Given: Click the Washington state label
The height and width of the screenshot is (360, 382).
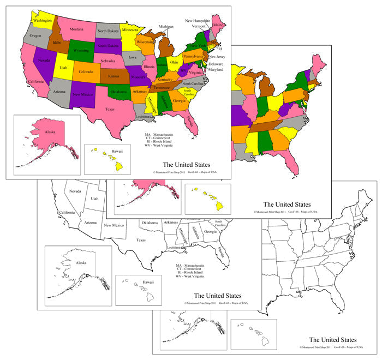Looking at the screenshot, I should (43, 21).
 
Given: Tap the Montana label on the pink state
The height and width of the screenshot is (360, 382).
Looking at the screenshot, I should (76, 29).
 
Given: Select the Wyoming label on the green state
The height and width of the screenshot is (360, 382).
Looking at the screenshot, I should (81, 50).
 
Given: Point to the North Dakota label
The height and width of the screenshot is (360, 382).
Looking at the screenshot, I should (109, 31).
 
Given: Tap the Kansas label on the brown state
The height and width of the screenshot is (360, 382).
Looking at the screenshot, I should (114, 77).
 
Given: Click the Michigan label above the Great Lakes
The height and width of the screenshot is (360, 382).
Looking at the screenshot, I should (166, 26).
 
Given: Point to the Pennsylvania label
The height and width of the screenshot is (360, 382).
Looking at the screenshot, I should (192, 56).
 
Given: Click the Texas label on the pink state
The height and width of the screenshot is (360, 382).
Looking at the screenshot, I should (110, 109).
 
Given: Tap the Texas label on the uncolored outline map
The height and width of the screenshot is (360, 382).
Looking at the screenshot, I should (141, 240).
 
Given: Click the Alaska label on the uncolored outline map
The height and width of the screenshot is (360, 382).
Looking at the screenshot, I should (81, 262).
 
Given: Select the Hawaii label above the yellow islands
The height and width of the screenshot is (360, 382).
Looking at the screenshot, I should (117, 151).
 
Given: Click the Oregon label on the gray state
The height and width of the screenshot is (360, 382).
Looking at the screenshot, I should (35, 35).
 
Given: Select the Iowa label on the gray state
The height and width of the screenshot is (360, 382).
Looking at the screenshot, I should (133, 57).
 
